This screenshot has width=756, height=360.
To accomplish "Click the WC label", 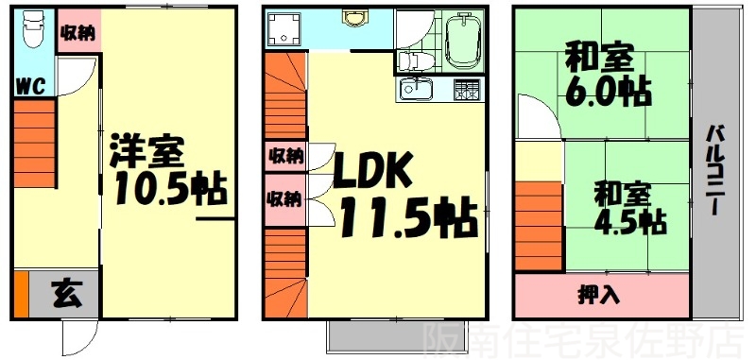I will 30,86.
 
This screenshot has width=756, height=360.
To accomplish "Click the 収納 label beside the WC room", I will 77,31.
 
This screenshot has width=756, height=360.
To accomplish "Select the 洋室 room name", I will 146,151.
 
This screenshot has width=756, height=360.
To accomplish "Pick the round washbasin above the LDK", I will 355,19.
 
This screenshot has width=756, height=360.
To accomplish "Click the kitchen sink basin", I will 416,91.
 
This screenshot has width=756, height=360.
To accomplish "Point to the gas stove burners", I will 466,91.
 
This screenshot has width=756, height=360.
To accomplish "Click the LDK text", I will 371,175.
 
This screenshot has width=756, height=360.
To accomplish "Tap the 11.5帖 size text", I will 406,219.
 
